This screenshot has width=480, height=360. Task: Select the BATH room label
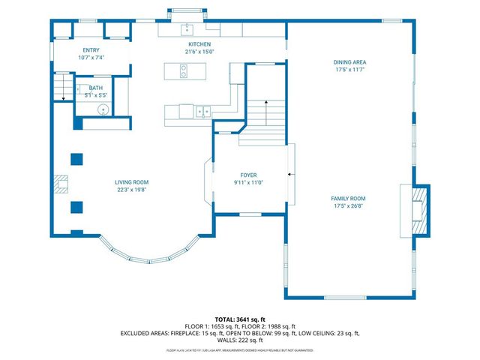(x=96, y=88)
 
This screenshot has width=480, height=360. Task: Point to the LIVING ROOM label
(x=131, y=182)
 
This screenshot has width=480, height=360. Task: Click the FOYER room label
(x=248, y=174)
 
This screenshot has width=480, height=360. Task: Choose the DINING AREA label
(x=349, y=61)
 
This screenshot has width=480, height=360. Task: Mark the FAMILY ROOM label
(x=349, y=199)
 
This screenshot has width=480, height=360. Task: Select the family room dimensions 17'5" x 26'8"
(x=349, y=206)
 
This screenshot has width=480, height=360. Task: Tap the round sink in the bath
(x=103, y=110)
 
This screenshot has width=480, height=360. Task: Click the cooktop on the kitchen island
(x=184, y=72)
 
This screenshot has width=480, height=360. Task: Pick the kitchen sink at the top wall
(x=187, y=31)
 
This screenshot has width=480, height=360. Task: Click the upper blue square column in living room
(x=76, y=158)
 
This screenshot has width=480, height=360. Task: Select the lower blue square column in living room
(x=76, y=206)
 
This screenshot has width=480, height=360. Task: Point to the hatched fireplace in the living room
(x=61, y=182)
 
